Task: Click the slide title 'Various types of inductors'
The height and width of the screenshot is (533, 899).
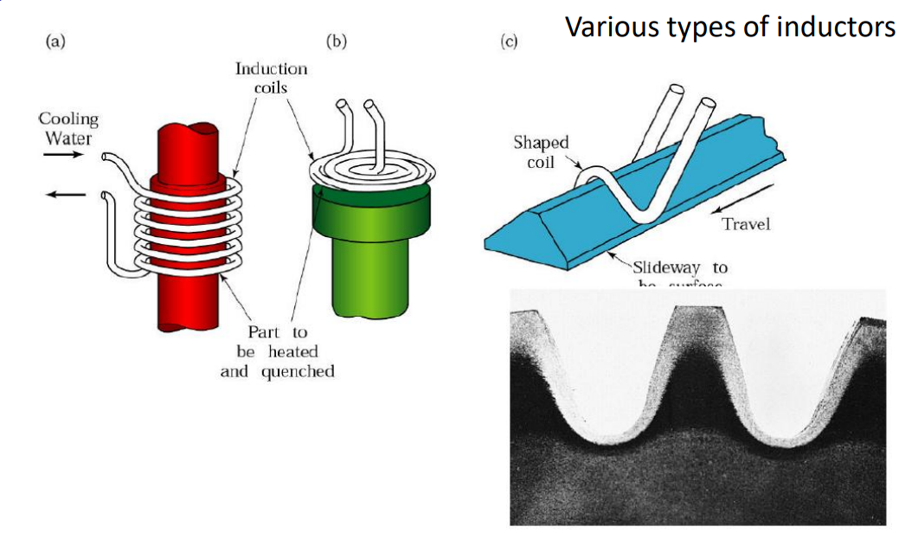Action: coord(729,26)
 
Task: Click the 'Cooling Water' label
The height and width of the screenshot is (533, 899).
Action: coord(68,128)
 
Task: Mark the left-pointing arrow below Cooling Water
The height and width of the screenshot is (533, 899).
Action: coord(64,194)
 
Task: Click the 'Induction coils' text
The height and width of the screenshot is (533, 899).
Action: coord(271,77)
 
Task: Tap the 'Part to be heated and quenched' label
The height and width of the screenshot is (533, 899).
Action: coord(277,351)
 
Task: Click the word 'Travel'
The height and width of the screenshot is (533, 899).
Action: coord(746,224)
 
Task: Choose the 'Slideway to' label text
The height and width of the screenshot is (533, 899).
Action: coord(679,267)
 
